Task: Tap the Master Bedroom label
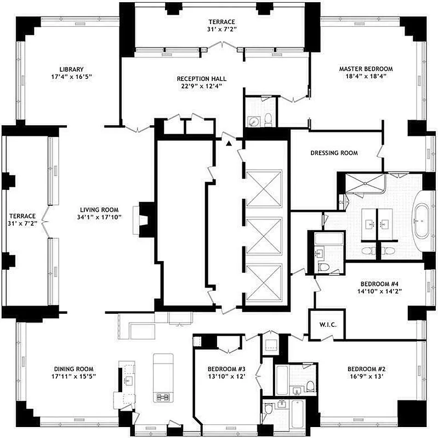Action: pyautogui.click(x=366, y=68)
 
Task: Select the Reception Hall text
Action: pyautogui.click(x=201, y=78)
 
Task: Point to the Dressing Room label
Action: pyautogui.click(x=334, y=153)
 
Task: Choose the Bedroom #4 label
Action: pyautogui.click(x=374, y=284)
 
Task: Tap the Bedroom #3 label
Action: pyautogui.click(x=226, y=368)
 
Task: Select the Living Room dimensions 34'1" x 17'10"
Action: pyautogui.click(x=100, y=217)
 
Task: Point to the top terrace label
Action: pyautogui.click(x=221, y=22)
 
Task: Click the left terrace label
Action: pyautogui.click(x=22, y=216)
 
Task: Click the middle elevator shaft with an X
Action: pyautogui.click(x=264, y=236)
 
